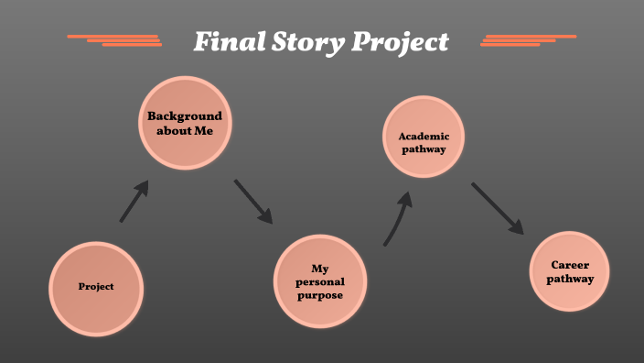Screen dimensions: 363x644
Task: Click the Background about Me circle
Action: coord(184,123)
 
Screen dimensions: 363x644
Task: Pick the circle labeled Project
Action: coord(96,287)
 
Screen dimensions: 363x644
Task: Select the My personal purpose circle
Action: coord(320,281)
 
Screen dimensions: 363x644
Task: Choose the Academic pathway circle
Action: coord(424,137)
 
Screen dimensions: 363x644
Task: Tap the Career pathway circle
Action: coord(570,272)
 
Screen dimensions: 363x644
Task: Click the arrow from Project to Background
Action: coord(134,201)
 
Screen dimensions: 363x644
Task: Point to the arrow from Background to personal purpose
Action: coord(253,201)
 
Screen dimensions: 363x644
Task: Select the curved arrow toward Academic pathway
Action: coord(398,217)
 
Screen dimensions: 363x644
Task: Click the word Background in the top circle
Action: coord(184,116)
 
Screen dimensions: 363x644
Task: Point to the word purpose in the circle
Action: coord(320,295)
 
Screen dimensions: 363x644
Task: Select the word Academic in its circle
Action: coord(424,137)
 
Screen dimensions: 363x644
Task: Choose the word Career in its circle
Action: coord(570,265)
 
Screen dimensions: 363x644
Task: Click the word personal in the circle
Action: coord(320,282)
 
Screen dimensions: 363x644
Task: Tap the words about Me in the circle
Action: coord(184,130)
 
